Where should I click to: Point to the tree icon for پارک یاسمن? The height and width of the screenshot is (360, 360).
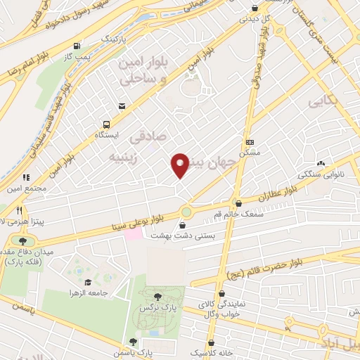click(134, 341)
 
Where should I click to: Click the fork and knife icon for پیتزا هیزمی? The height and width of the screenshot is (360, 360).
click(20, 210)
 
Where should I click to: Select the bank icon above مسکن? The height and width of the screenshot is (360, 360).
click(249, 141)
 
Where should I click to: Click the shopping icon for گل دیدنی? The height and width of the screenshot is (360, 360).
click(255, 8)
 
